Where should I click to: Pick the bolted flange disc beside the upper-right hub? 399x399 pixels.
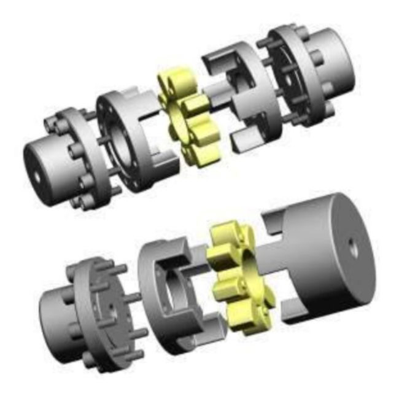tap(295, 74)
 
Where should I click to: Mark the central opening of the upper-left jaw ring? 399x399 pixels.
tap(123, 147)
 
